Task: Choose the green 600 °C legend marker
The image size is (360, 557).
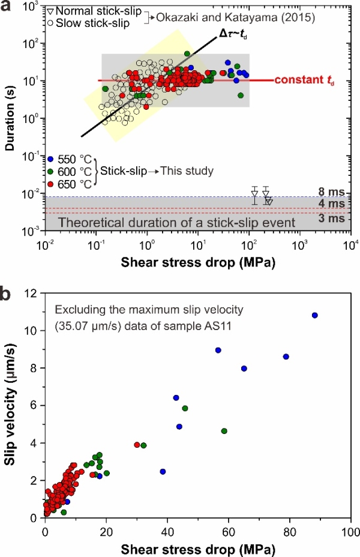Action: point(52,171)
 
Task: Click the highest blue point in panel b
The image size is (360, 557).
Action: point(314,315)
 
